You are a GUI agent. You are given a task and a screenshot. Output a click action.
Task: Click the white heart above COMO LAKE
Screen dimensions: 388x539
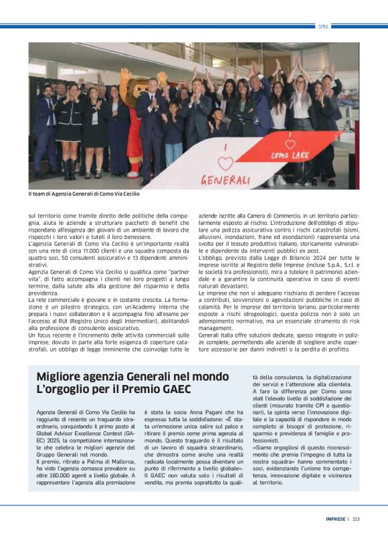coord(290,143)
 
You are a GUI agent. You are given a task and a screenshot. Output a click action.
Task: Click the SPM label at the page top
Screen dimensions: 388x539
coord(324,26)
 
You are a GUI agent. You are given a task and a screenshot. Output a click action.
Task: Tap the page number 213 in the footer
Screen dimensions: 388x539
coord(356,518)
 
